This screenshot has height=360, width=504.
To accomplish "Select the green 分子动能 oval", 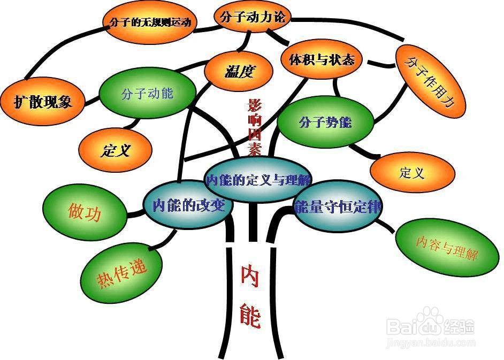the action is (147, 94).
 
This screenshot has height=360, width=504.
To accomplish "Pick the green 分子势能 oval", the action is (325, 122).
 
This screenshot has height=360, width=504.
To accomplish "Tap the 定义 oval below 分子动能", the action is (114, 150).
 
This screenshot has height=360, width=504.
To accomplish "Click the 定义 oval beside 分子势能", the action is (412, 173).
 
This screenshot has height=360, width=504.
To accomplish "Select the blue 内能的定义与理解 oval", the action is (259, 180).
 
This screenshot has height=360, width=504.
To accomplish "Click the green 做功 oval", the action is (85, 212).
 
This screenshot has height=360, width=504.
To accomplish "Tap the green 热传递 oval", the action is (121, 274).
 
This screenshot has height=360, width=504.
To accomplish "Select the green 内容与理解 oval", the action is (446, 249).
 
